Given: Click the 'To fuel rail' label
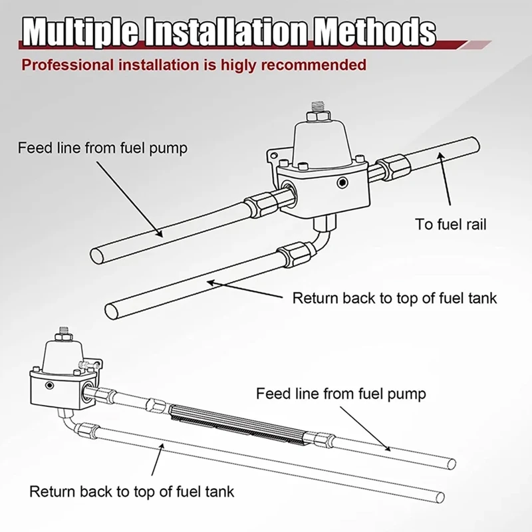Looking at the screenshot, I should pos(451,224).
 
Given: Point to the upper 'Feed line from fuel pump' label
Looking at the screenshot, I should pos(102,148).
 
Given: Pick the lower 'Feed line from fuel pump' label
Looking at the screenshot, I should pos(340,394).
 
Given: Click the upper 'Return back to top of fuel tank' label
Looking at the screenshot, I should pos(394,298).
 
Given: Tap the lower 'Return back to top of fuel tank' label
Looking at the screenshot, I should pos(132,492).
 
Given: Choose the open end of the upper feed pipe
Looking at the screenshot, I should pos(98,256).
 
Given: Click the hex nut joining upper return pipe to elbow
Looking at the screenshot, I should pos(290,252).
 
